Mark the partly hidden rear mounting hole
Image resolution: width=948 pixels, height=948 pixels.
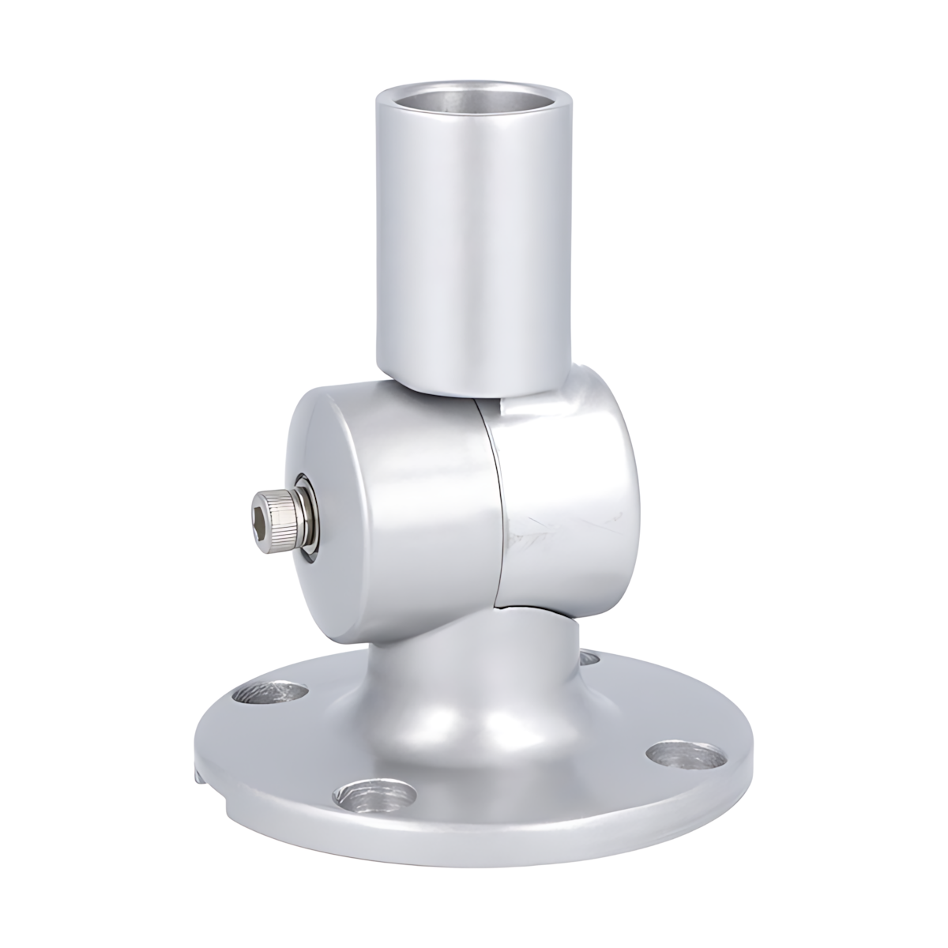coord(589,657)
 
